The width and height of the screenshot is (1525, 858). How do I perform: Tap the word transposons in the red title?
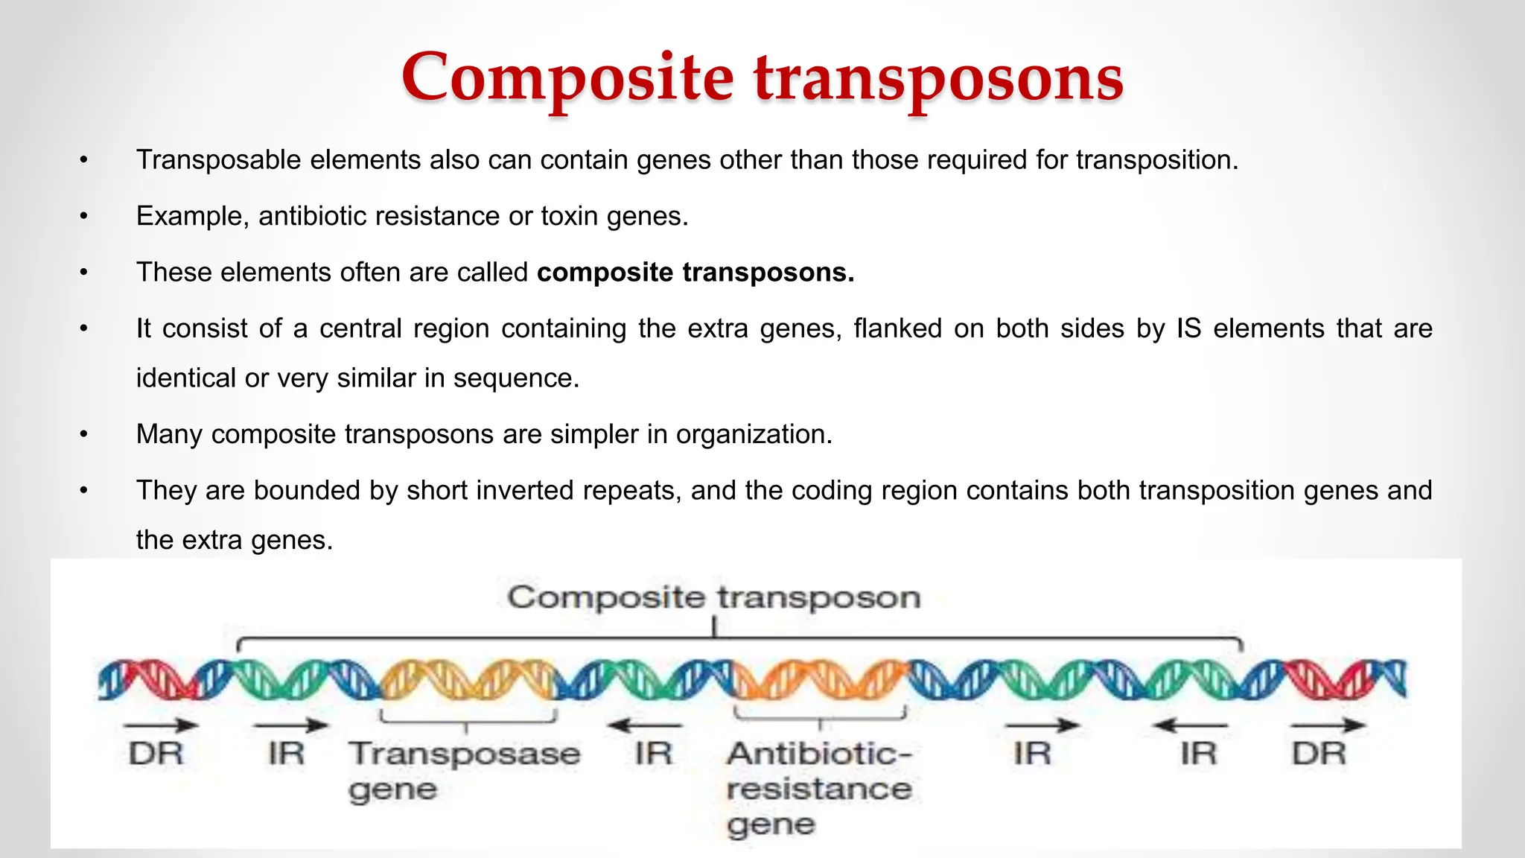tap(939, 78)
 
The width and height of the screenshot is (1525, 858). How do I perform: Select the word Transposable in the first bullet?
tap(218, 160)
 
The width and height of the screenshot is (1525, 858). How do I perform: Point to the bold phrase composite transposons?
tap(695, 273)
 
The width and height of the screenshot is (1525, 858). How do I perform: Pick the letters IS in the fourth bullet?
tap(1189, 328)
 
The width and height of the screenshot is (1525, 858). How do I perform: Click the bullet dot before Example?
tap(84, 217)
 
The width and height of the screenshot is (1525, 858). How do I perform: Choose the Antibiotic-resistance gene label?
tap(819, 789)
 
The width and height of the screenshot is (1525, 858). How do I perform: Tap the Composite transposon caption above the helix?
tap(714, 598)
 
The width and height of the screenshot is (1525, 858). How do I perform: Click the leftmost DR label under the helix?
tap(156, 754)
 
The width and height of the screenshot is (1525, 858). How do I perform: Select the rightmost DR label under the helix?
tap(1319, 754)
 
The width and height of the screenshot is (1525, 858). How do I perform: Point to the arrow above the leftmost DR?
tap(160, 725)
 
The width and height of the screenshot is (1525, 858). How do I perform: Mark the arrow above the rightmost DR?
tap(1328, 725)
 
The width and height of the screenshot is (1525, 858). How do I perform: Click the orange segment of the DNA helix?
tap(819, 679)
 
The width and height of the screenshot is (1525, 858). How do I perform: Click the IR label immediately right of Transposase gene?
tap(653, 754)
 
